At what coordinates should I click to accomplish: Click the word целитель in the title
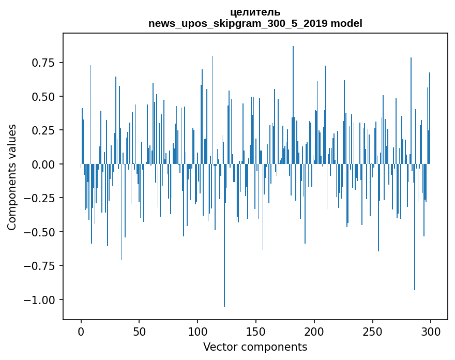[x=255, y=12]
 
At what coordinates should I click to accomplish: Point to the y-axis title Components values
[x=12, y=177]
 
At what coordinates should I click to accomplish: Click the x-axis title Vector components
[x=255, y=347]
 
